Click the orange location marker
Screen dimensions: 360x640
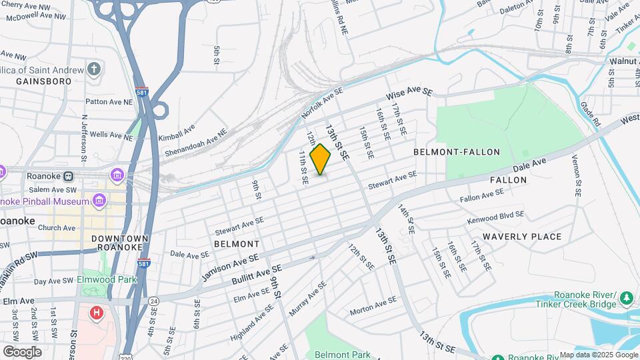[x=321, y=159]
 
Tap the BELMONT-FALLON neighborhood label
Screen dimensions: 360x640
[x=457, y=152]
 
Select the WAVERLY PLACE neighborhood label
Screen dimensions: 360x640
[x=522, y=237]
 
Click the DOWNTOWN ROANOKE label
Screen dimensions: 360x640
[x=119, y=243]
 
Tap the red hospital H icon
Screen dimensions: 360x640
[x=97, y=312]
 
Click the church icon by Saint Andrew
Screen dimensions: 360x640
[x=95, y=69]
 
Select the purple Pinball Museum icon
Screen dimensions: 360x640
[x=99, y=200]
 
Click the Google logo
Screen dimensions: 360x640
[x=22, y=351]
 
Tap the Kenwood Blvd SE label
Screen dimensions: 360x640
[x=496, y=216]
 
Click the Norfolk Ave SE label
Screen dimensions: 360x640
[x=323, y=103]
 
